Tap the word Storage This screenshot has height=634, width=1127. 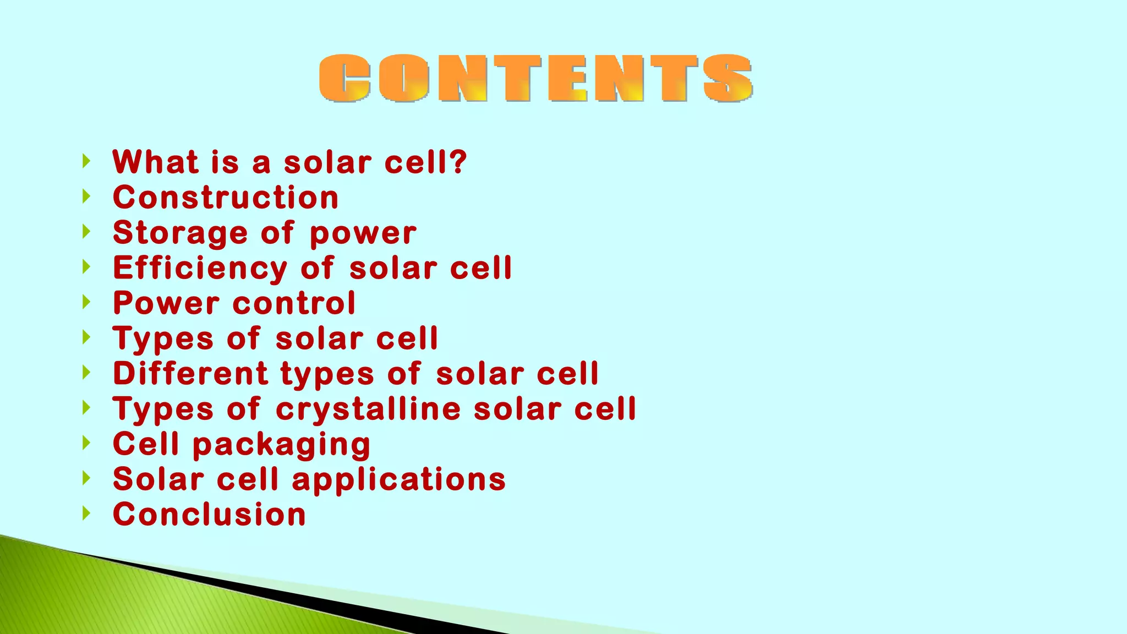pyautogui.click(x=180, y=233)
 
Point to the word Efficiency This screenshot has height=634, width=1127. pyautogui.click(x=200, y=268)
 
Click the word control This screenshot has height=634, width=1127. pyautogui.click(x=294, y=303)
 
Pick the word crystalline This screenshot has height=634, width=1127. pyautogui.click(x=368, y=409)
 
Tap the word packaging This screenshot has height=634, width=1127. pyautogui.click(x=281, y=445)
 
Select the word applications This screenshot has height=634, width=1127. pyautogui.click(x=398, y=479)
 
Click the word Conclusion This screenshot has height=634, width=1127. pyautogui.click(x=209, y=515)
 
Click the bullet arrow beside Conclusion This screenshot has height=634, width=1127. pyautogui.click(x=86, y=513)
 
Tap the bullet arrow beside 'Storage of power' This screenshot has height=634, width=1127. pyautogui.click(x=86, y=232)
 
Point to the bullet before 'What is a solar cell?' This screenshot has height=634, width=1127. pyautogui.click(x=86, y=161)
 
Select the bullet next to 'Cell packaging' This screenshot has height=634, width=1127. pyautogui.click(x=86, y=443)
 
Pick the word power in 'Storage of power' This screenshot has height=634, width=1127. pyautogui.click(x=363, y=234)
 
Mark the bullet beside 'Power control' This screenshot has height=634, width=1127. pyautogui.click(x=86, y=302)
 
